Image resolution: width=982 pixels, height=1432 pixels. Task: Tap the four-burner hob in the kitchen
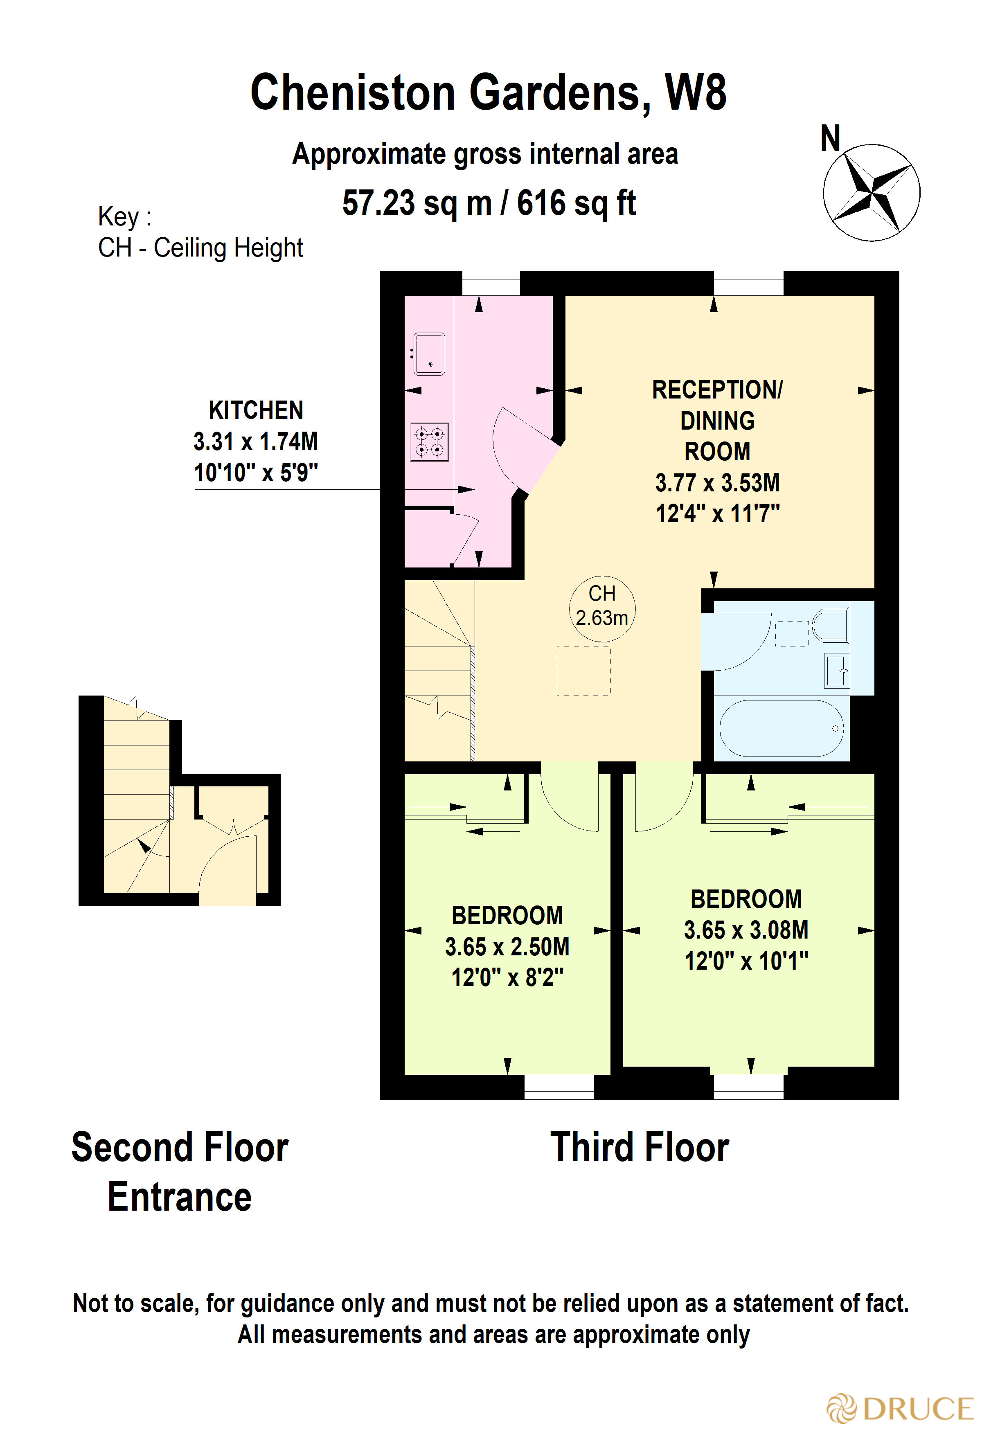click(429, 442)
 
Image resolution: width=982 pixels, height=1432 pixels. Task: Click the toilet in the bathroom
click(830, 626)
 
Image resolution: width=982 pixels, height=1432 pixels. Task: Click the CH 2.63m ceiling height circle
click(602, 605)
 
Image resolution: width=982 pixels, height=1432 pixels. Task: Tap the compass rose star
click(871, 192)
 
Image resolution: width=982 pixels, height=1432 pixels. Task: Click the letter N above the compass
click(830, 139)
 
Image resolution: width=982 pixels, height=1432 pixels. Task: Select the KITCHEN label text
click(256, 410)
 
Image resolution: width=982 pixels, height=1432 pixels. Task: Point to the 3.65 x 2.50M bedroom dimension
click(507, 946)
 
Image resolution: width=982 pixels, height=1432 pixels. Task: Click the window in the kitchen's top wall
click(491, 284)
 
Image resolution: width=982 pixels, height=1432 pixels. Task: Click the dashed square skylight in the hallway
click(583, 671)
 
